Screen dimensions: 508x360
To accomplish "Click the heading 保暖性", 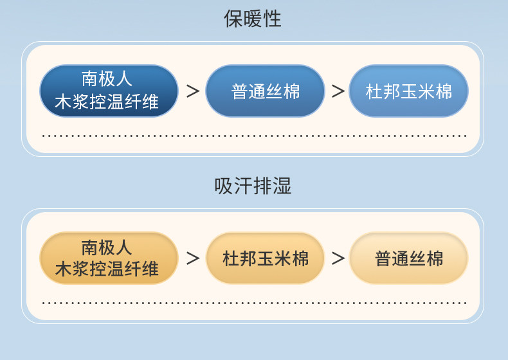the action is (253, 19).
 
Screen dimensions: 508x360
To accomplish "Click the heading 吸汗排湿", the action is (253, 186).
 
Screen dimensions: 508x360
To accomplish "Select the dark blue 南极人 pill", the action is (109, 91).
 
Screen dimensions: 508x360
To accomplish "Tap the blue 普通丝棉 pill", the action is (265, 91).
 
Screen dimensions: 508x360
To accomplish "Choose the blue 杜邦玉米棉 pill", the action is (408, 91).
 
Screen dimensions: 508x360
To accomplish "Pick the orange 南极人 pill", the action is (109, 258).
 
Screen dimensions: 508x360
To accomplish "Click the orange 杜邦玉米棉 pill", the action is (265, 258).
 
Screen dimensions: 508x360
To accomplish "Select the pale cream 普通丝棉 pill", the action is (408, 258).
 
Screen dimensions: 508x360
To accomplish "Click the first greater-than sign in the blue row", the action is (192, 91).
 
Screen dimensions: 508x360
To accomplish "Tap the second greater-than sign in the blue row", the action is (338, 91).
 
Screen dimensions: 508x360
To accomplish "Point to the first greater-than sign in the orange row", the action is (192, 258).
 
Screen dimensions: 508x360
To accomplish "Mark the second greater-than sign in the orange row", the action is (338, 258).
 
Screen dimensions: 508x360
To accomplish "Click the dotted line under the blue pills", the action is (254, 136).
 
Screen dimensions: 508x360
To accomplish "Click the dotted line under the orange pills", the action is (254, 303).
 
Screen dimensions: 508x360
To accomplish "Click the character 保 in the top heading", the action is (233, 19).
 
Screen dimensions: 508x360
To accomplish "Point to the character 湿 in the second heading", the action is (282, 186).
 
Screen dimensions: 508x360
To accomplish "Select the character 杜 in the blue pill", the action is (374, 91).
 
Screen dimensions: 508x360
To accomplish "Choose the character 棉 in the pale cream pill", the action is (435, 258).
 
